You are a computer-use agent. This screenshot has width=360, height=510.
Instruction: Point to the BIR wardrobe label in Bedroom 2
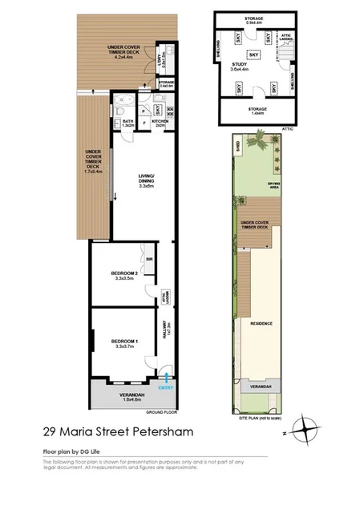point(149,257)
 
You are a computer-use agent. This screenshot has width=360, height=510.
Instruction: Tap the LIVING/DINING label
point(146,182)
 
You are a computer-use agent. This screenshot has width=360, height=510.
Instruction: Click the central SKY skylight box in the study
point(253,54)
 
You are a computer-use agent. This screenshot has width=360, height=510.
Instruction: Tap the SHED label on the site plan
point(237,146)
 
